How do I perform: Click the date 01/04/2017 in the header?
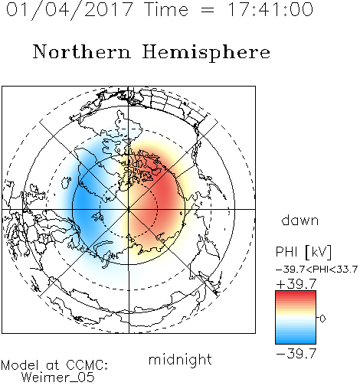pyautogui.click(x=69, y=10)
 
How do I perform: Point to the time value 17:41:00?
pyautogui.click(x=270, y=9)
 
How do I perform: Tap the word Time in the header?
pyautogui.click(x=166, y=9)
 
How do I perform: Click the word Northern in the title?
pyautogui.click(x=82, y=51)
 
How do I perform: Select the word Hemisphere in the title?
pyautogui.click(x=206, y=53)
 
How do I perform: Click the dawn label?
pyautogui.click(x=300, y=220)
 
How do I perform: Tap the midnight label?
pyautogui.click(x=180, y=359)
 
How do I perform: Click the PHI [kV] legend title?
pyautogui.click(x=303, y=252)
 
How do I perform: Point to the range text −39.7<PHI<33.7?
pyautogui.click(x=316, y=270)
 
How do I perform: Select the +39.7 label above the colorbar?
pyautogui.click(x=296, y=284)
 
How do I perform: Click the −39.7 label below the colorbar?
pyautogui.click(x=296, y=354)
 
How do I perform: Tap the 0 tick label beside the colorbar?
pyautogui.click(x=322, y=319)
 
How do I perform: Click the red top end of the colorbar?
pyautogui.click(x=296, y=293)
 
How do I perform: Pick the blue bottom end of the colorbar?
pyautogui.click(x=296, y=342)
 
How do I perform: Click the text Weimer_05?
pyautogui.click(x=58, y=378)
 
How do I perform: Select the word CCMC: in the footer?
pyautogui.click(x=87, y=365)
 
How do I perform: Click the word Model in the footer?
pyautogui.click(x=20, y=365)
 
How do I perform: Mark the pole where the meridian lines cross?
pyautogui.click(x=129, y=209)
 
